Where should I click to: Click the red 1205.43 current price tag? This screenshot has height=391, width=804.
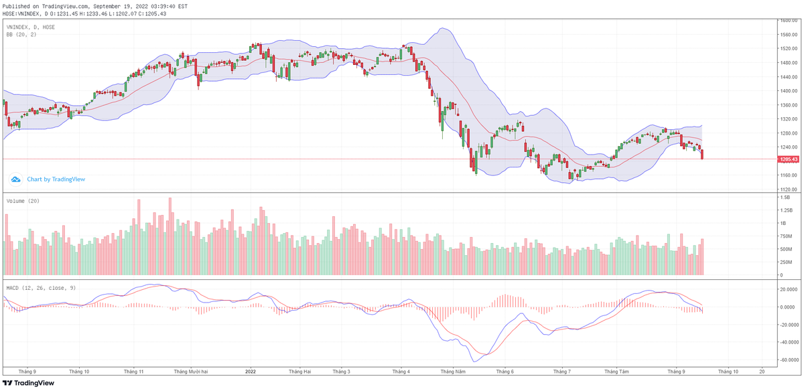click(787, 159)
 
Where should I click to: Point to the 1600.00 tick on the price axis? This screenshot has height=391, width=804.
click(787, 21)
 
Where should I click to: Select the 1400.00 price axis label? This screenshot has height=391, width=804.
click(787, 91)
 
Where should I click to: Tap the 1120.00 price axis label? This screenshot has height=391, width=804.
click(787, 189)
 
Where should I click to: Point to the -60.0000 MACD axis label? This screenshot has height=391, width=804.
click(789, 359)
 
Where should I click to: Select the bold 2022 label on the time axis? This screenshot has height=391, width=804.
click(251, 370)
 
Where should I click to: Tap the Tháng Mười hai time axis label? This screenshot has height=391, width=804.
click(190, 370)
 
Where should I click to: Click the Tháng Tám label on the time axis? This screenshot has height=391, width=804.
click(617, 370)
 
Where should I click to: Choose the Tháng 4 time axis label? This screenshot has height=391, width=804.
click(401, 370)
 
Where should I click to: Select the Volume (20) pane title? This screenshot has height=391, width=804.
click(23, 201)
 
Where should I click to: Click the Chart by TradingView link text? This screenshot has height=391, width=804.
click(56, 179)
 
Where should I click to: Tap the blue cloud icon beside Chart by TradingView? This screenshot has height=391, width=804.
click(15, 179)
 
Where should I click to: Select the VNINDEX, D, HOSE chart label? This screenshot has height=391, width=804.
click(31, 27)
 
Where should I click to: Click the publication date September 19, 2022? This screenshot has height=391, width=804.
click(128, 6)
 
